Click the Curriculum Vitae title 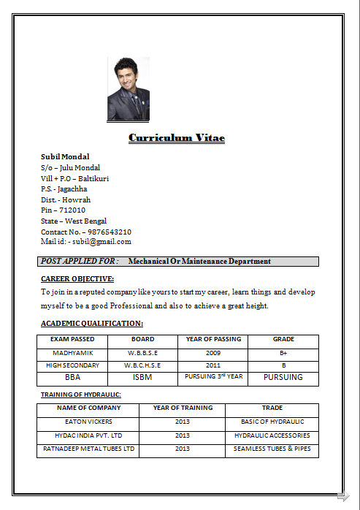click(x=177, y=137)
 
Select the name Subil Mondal click(x=65, y=156)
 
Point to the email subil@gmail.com click(x=102, y=242)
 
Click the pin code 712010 click(x=72, y=210)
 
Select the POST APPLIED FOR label click(x=80, y=261)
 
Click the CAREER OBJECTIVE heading click(x=77, y=278)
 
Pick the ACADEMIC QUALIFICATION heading click(x=92, y=323)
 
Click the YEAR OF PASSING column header click(x=212, y=339)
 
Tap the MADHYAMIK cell click(x=72, y=353)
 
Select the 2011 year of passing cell click(x=212, y=365)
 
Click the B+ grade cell click(x=283, y=353)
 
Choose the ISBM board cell click(x=142, y=378)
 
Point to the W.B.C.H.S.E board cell click(x=142, y=365)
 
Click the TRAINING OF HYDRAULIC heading click(x=80, y=395)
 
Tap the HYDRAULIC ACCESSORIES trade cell click(x=272, y=435)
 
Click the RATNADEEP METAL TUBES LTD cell click(x=88, y=449)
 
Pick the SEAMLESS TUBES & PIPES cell click(x=272, y=449)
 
